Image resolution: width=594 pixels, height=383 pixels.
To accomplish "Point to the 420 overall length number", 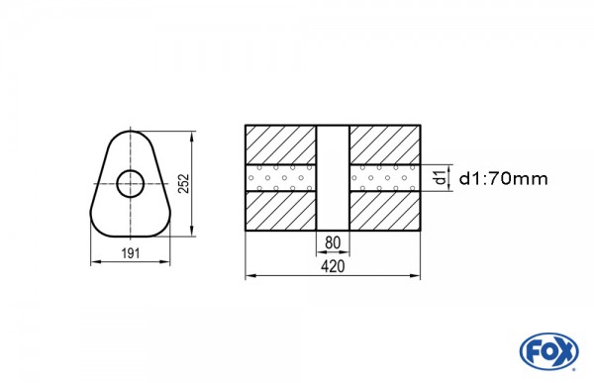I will pos(332,267).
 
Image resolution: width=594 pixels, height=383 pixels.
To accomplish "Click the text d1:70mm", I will pos(504,178).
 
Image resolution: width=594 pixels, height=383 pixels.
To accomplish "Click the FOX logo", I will pos(546,351).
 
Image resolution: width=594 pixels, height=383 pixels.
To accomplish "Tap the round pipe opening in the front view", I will pos(130,183).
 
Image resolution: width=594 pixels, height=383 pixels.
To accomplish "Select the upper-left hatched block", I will pos(280,144).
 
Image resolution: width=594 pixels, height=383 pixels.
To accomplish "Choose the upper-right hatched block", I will pos(384,144).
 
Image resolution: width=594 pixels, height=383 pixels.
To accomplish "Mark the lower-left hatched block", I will pos(280,211).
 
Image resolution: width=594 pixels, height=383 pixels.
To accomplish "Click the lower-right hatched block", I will pos(384,211).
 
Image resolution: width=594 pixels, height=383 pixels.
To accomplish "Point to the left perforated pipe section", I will pos(280,178).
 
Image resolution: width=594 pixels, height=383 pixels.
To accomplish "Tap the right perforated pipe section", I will pos(384,178).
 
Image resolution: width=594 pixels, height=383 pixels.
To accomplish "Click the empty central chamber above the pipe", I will pos(332,144).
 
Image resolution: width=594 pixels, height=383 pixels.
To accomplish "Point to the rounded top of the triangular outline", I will pos(130,130).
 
